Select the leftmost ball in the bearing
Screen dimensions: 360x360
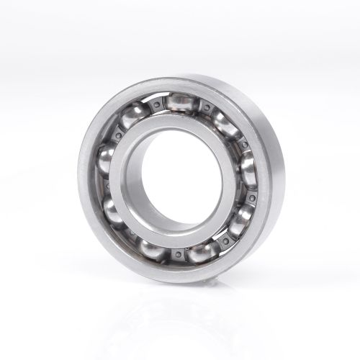pyautogui.click(x=106, y=160)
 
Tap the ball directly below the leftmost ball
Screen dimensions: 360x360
pyautogui.click(x=114, y=210)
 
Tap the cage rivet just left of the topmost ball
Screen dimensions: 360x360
pyautogui.click(x=154, y=105)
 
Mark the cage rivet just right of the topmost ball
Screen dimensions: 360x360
pyautogui.click(x=207, y=109)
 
